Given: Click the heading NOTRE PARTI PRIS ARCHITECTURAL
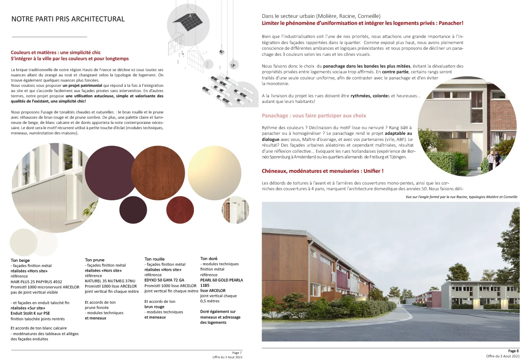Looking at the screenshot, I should [x=68, y=19].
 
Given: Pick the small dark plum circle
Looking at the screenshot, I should [x=133, y=210].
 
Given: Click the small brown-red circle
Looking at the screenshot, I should [x=180, y=210].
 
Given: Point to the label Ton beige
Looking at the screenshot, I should [x=20, y=260].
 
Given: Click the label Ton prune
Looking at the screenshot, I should [x=94, y=260].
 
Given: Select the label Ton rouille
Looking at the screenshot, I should [x=155, y=259].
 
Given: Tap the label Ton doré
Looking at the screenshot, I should [x=209, y=258].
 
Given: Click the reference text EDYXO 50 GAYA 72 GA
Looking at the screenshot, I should [x=164, y=280].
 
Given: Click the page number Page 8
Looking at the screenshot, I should [x=513, y=350].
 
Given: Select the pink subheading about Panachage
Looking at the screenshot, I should [x=314, y=116].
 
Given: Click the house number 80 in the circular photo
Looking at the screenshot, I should [x=465, y=141].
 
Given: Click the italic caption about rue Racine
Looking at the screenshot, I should [x=461, y=197].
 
